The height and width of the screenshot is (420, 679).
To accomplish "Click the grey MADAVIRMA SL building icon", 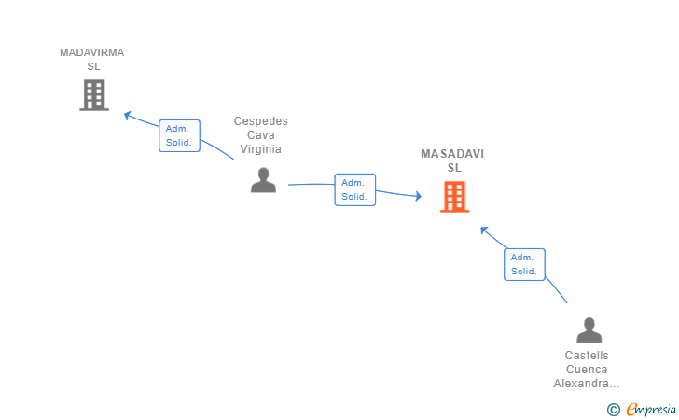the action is pos(94,95).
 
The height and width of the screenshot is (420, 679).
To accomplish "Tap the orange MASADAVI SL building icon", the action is pos(455,197).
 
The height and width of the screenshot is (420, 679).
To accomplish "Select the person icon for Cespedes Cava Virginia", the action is pos(263,180).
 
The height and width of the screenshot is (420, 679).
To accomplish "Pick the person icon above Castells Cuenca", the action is pos(589,329).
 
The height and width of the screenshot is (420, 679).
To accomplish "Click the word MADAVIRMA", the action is pos(91,52).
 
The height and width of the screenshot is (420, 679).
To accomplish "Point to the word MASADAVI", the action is pos(452,154).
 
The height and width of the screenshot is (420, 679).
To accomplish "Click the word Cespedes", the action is pos(261,121).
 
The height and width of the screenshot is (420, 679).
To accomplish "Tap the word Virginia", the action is pos(261,149).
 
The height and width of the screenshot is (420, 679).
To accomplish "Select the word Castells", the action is pos(587,356).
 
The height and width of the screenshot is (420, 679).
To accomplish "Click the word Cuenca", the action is pos(587,370).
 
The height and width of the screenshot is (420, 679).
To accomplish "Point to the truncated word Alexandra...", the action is pos(587,384).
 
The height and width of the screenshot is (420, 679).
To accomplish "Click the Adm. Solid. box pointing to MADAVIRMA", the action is pos(179,135).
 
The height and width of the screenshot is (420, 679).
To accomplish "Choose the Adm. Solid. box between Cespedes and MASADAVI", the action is pos(355,189).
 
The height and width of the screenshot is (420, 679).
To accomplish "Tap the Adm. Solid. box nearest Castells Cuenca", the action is pos(524,264).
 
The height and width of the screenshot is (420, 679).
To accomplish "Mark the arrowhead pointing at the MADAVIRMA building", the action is pos(127,116).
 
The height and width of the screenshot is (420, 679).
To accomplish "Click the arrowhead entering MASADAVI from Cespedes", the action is pos(418,196).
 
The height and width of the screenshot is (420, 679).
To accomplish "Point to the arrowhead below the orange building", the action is pos(484,231).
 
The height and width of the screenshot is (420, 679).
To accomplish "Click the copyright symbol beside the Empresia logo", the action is pos(614,410).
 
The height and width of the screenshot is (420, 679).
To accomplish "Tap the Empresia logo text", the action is pos(651,410).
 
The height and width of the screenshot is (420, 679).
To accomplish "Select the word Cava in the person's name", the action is pos(261,135).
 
